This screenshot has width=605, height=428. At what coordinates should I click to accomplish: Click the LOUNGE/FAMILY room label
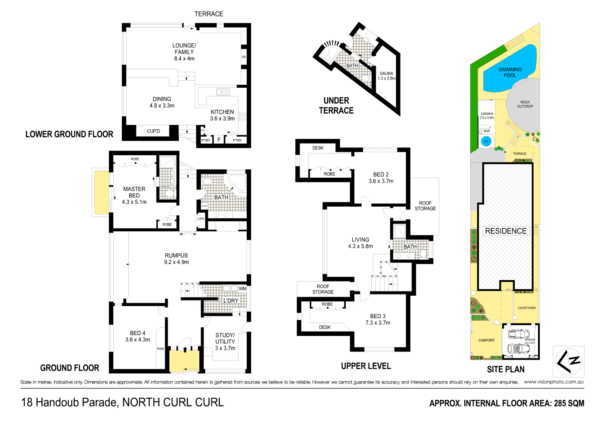coord(184,51)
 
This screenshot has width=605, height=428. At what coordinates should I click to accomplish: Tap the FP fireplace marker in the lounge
coord(244,57)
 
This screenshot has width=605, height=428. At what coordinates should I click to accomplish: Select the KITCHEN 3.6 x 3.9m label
coord(222,115)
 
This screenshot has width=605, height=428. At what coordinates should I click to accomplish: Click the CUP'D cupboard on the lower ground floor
coord(153,131)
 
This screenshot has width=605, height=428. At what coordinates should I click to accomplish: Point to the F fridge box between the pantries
coord(219,140)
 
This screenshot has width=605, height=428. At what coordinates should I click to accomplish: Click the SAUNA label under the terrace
coord(386,76)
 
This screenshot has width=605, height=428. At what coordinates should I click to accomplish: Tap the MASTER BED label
coord(134,195)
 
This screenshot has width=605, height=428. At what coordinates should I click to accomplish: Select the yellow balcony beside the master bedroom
coord(101,192)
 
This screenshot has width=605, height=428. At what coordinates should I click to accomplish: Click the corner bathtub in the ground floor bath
coord(236,182)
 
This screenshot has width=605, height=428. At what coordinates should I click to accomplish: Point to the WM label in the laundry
coord(242,288)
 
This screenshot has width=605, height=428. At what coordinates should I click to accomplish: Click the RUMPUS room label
coord(176,259)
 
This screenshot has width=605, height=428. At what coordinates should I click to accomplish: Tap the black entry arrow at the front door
coord(185,350)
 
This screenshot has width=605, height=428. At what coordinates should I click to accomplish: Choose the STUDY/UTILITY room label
coord(225,341)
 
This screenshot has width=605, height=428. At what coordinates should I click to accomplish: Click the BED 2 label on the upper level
coord(381,178)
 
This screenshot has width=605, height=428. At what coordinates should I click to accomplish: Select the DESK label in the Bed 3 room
coord(325,327)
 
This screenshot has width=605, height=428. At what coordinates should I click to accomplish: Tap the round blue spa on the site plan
coord(486,141)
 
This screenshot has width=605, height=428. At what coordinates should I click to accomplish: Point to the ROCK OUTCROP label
coord(525,104)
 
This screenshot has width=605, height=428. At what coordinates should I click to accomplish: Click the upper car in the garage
coord(519,334)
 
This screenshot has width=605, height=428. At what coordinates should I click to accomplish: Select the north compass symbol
coord(569,361)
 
